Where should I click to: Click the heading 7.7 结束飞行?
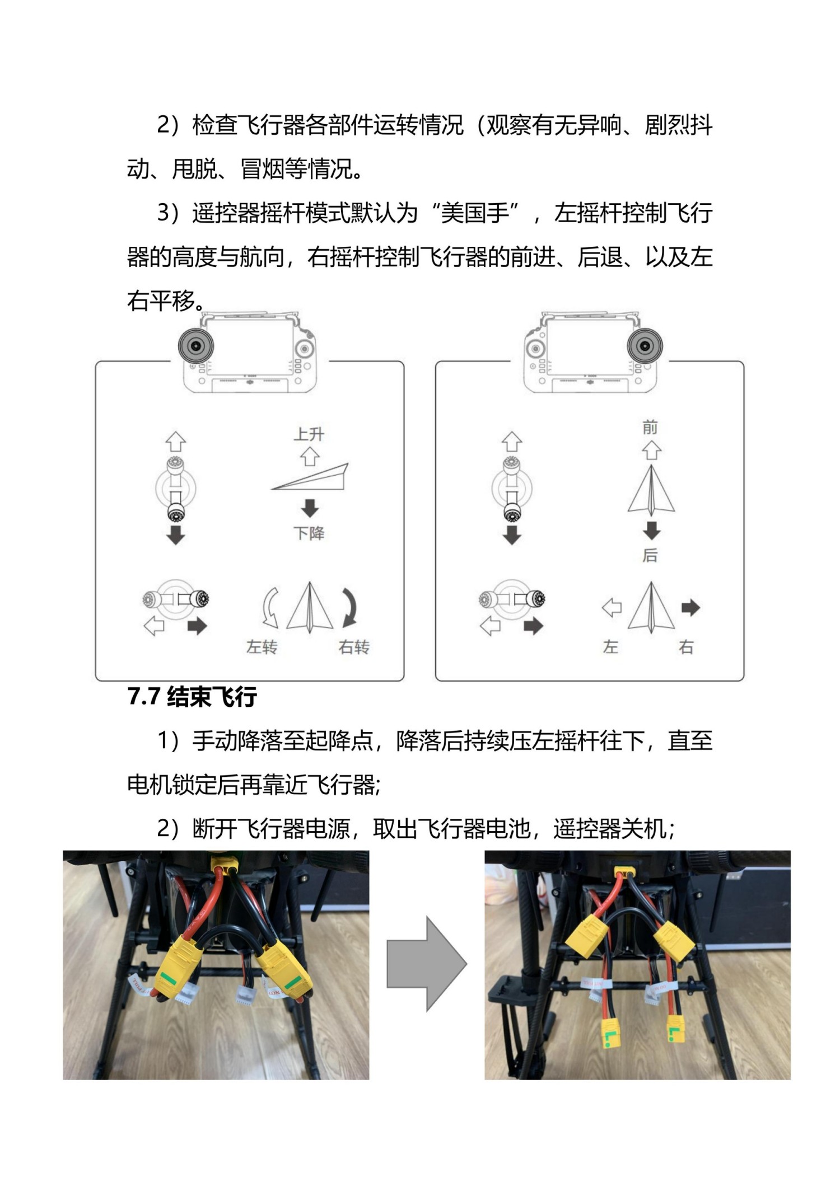[x=192, y=697]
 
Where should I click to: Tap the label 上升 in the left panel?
[x=309, y=434]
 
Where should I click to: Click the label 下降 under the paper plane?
[x=309, y=533]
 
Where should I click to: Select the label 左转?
[x=262, y=647]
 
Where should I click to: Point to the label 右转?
[x=354, y=647]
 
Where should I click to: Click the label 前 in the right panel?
[x=650, y=428]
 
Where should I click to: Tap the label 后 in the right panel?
[x=650, y=555]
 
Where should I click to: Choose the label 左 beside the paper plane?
[x=611, y=647]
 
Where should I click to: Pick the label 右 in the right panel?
[x=686, y=647]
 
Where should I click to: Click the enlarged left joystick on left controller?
[x=196, y=346]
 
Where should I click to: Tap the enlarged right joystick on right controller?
[x=645, y=346]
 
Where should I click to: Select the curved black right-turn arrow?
[x=350, y=607]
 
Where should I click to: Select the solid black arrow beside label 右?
[x=690, y=607]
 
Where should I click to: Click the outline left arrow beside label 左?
[x=612, y=607]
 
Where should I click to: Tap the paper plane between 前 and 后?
[x=651, y=491]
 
